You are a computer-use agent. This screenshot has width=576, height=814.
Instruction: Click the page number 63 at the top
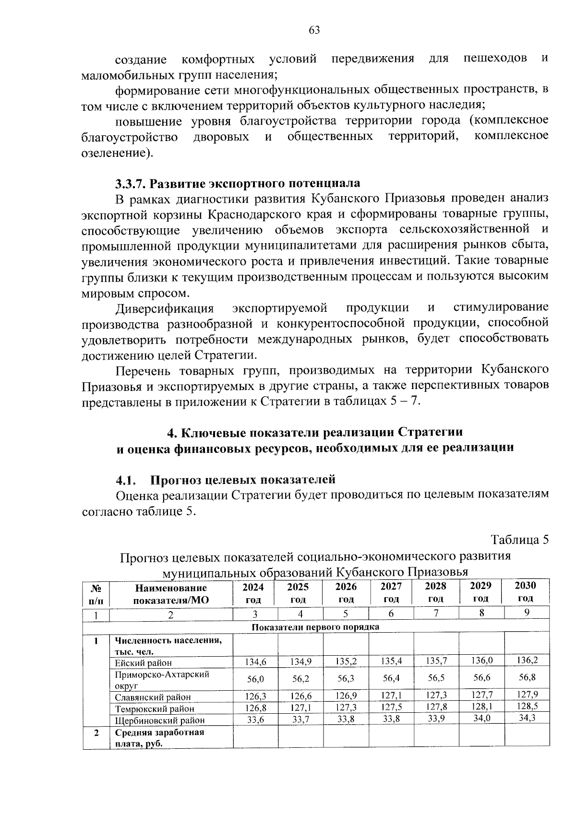point(314,31)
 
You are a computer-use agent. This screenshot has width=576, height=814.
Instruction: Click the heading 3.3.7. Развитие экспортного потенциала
point(237,183)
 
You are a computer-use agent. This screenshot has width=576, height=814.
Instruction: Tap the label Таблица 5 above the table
point(519,540)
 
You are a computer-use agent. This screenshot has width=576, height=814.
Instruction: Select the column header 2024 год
point(253,593)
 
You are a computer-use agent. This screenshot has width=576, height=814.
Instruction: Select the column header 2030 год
point(525,592)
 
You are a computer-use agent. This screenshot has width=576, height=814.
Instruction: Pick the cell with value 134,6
point(255,662)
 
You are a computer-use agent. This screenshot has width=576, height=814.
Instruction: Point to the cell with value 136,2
point(527,660)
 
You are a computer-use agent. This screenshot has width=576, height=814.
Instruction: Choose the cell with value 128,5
point(527,706)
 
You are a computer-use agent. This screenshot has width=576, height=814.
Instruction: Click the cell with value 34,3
point(527,718)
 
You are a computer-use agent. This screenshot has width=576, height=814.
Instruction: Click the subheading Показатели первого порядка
point(316,627)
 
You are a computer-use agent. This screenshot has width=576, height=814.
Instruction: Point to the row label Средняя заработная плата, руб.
point(159,738)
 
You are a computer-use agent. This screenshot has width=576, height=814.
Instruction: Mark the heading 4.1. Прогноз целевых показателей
point(225,479)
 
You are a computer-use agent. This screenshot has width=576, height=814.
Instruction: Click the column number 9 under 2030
point(527,613)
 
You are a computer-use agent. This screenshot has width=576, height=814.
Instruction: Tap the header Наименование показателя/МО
point(171,594)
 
